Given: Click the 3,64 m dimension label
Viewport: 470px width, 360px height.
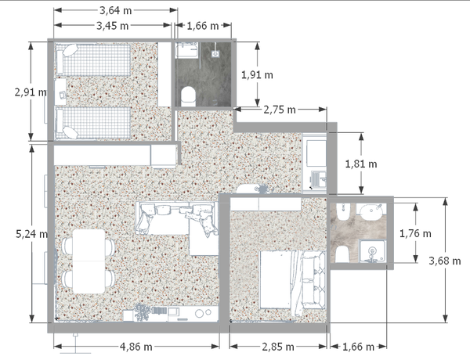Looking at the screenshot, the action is [115, 10].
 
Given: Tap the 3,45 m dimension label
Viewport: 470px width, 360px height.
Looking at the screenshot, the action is [112, 26].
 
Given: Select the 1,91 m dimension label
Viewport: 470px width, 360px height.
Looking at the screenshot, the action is [257, 75].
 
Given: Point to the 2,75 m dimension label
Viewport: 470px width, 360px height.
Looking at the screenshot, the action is [280, 110].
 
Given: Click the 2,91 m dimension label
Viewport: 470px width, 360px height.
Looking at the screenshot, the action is [31, 92].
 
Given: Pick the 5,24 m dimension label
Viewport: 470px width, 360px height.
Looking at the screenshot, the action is [31, 234].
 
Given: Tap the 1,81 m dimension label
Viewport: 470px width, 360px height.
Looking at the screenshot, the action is [361, 164].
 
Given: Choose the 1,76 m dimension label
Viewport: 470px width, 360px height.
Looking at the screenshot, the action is [415, 233].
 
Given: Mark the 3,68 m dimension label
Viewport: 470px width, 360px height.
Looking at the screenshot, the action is [445, 261].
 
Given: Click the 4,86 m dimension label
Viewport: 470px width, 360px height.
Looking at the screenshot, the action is [136, 347].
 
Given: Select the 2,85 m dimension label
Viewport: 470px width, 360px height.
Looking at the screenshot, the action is [278, 347].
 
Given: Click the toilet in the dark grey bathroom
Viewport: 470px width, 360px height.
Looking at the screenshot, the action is [188, 96].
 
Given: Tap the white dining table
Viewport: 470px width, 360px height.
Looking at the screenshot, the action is [89, 261].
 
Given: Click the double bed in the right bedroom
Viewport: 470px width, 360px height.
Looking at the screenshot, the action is [292, 279].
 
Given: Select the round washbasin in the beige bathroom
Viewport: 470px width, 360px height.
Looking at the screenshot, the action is [371, 211].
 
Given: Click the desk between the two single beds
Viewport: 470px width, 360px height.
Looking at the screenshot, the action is [60, 92].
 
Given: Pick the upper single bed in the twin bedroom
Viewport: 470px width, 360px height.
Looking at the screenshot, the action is [93, 59].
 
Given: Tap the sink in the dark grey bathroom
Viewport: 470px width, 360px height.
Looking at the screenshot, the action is [186, 50].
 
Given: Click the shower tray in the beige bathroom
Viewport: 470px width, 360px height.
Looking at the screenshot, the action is [372, 251].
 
